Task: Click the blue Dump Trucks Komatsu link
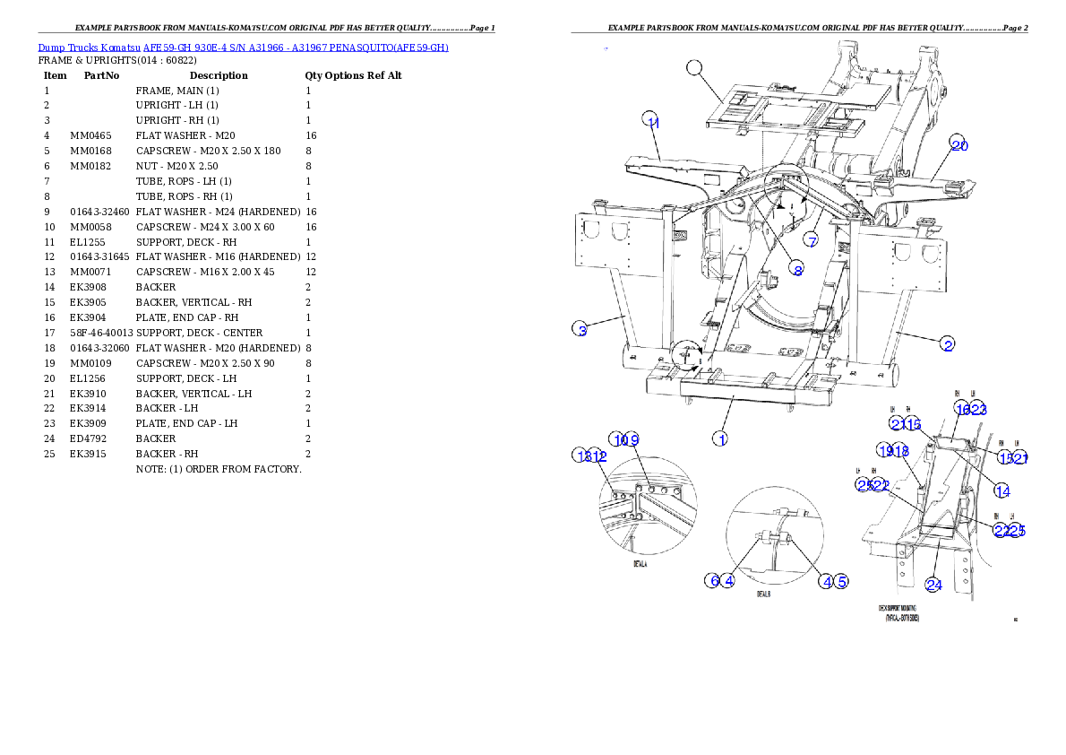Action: [x=243, y=47]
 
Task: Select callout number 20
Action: [x=959, y=145]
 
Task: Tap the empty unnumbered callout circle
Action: [x=694, y=67]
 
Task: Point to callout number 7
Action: [x=811, y=240]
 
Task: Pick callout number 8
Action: [x=797, y=269]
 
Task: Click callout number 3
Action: [x=581, y=330]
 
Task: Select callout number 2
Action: [x=947, y=343]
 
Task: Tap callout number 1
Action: [x=719, y=438]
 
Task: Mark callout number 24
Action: [x=933, y=585]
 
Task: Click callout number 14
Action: [x=1002, y=490]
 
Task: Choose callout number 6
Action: [x=713, y=581]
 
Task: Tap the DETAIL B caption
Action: [x=763, y=594]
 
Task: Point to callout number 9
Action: [x=632, y=439]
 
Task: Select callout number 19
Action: [x=885, y=451]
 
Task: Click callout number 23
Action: [x=977, y=409]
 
